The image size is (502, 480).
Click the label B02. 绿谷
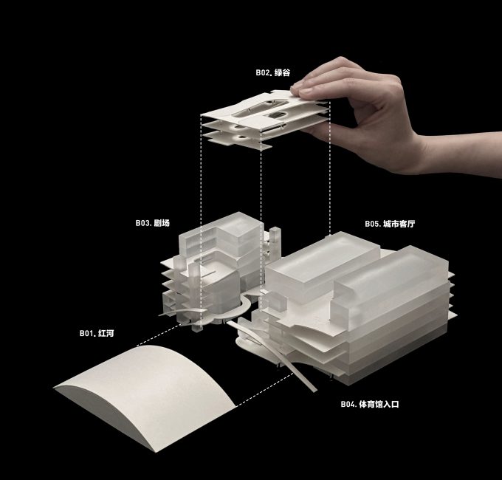tap(272, 72)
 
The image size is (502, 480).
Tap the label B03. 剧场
tap(152, 223)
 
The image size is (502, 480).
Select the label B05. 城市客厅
tap(390, 224)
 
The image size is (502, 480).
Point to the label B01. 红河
tap(97, 333)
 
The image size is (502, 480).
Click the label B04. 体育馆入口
tap(370, 404)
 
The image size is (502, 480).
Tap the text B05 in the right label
tap(372, 224)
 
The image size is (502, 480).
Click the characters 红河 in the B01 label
tap(106, 333)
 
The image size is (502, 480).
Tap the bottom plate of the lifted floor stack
tap(237, 141)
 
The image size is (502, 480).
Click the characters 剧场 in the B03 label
tap(162, 223)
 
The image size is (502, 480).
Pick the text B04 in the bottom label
tap(348, 404)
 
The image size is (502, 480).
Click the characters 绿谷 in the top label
tap(282, 72)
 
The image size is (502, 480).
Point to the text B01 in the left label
tap(87, 333)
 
